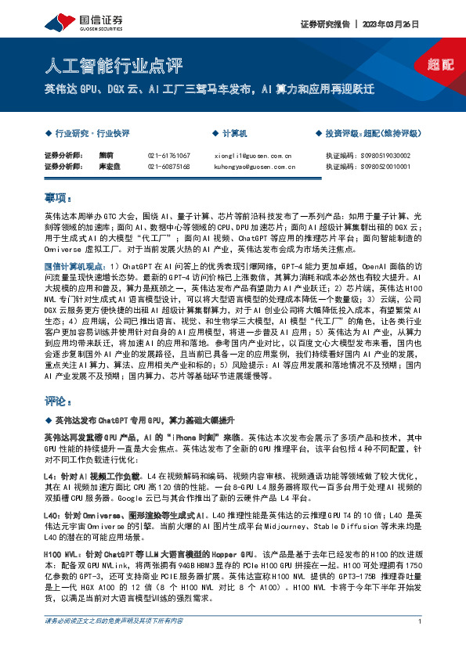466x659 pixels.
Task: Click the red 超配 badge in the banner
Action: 442,65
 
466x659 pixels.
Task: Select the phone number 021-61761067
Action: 168,156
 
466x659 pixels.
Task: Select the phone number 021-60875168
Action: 168,167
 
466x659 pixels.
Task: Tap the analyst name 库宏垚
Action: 108,167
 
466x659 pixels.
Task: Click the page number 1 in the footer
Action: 421,644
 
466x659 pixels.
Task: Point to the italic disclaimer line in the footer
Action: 114,643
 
